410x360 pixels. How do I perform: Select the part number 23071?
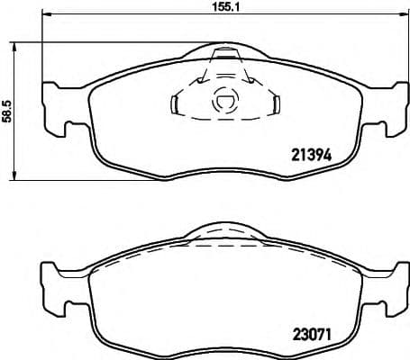point(312,333)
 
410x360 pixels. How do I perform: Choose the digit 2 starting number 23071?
point(296,333)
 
